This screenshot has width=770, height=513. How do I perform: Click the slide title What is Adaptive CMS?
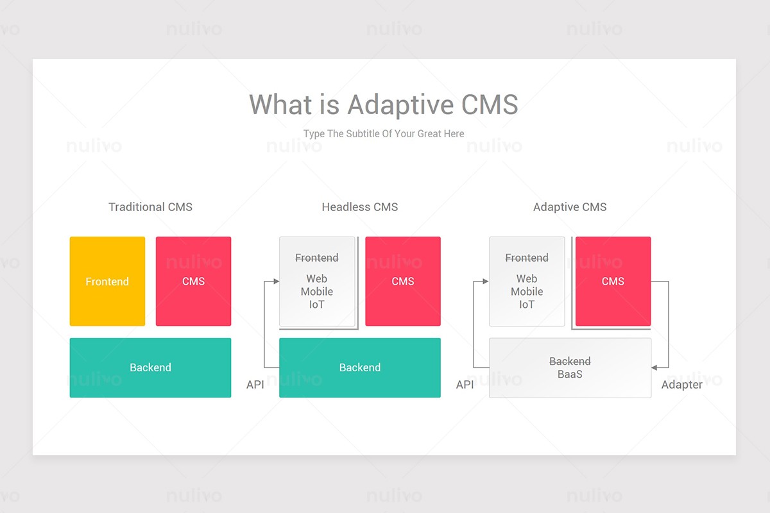pos(384,105)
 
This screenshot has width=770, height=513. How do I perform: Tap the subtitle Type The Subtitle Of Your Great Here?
pos(384,133)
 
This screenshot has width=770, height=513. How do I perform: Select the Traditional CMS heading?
pos(150,207)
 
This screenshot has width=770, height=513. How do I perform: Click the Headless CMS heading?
pos(360,207)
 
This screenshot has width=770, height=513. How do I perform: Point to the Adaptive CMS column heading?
pos(570,207)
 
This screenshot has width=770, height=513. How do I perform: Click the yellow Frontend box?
pos(107,282)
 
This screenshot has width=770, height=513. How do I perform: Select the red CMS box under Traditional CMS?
pos(193,282)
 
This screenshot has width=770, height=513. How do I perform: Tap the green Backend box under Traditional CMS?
pos(150,367)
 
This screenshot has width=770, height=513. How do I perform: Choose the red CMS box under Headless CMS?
pos(403,282)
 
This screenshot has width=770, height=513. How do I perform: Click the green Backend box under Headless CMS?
pos(360,367)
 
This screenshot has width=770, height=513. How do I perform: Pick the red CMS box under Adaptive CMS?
pos(613,282)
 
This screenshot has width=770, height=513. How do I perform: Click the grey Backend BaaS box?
pos(570,368)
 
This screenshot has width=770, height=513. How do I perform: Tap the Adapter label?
pos(681,385)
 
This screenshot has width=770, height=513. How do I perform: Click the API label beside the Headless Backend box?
pos(255,385)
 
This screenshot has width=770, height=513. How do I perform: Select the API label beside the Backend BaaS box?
pos(465,385)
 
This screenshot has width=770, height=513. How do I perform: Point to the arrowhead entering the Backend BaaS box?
pos(655,367)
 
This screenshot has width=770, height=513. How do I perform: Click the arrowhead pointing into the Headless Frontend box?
pos(276,282)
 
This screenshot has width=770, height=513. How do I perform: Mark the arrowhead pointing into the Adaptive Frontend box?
pos(486,282)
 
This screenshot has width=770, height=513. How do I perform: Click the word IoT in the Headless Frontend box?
pos(317,305)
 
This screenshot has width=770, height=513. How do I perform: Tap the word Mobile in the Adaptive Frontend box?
pos(527,292)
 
